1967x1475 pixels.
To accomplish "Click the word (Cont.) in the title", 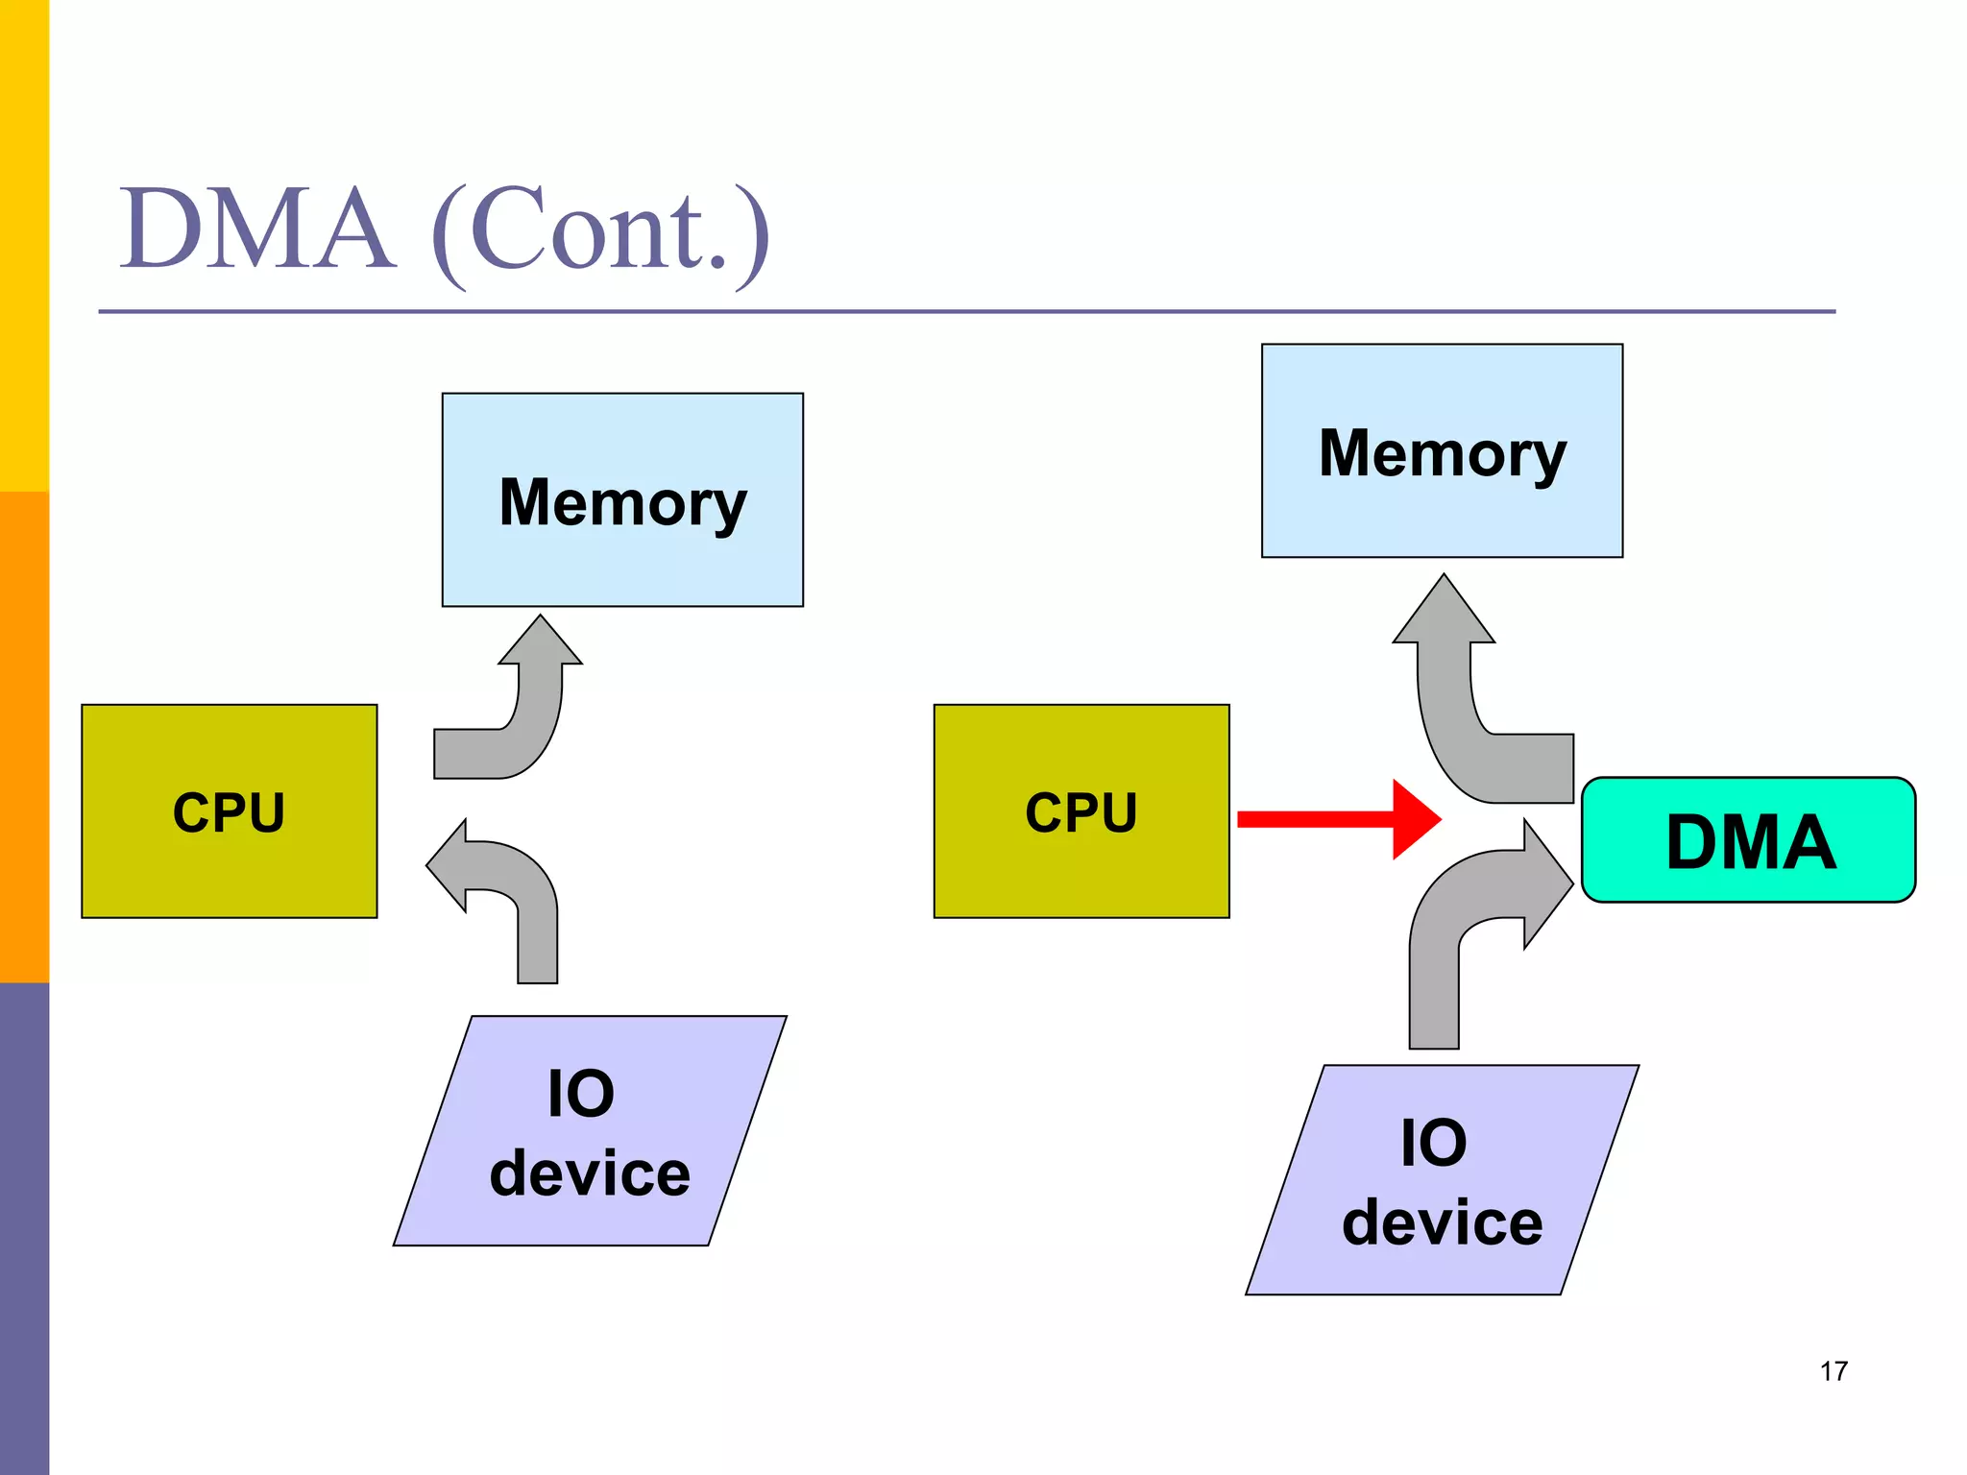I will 600,232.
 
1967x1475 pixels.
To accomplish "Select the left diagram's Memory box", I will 622,499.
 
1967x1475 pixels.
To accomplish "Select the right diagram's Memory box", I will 1442,450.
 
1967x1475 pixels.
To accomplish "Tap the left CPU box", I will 229,811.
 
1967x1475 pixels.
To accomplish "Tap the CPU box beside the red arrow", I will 1081,811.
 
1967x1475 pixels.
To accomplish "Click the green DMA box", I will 1748,840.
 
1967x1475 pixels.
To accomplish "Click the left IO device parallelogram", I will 590,1131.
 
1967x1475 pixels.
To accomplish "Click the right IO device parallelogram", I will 1442,1180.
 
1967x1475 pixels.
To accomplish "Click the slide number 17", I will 1833,1371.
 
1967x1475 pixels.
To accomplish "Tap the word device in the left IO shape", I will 590,1173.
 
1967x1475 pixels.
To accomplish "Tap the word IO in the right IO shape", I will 1433,1143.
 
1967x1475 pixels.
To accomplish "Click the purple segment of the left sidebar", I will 24,1229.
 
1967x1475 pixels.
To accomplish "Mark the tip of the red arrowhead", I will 1440,819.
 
